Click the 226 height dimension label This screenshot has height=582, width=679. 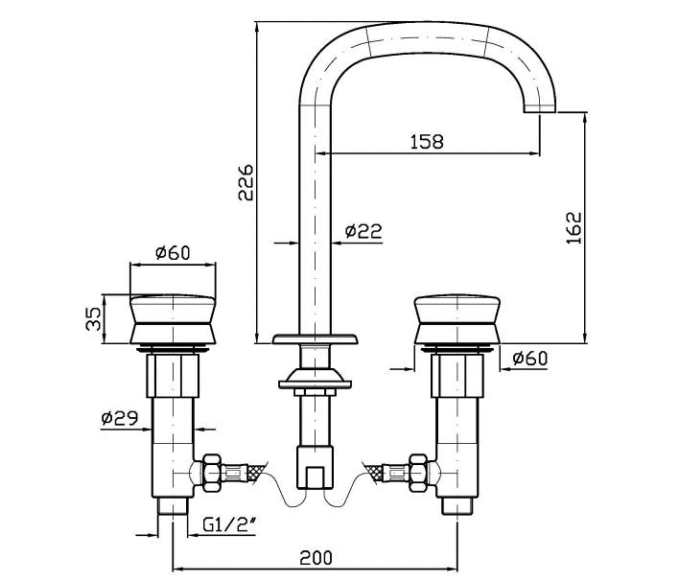246,182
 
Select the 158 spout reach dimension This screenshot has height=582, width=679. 427,142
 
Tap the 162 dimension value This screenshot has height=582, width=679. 574,228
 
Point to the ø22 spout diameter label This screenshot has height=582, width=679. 363,231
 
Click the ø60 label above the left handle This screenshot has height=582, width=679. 173,252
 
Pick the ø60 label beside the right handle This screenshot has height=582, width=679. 529,359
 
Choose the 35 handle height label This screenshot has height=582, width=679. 93,318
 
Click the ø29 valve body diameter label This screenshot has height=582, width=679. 120,418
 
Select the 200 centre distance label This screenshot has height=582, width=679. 316,558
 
